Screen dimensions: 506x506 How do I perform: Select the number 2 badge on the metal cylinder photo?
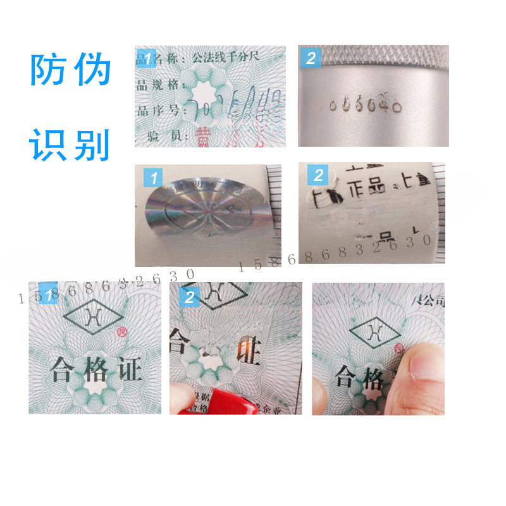(310, 58)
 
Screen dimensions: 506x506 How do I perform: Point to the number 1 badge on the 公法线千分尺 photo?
(147, 59)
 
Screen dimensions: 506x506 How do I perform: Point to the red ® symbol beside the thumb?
(399, 349)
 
